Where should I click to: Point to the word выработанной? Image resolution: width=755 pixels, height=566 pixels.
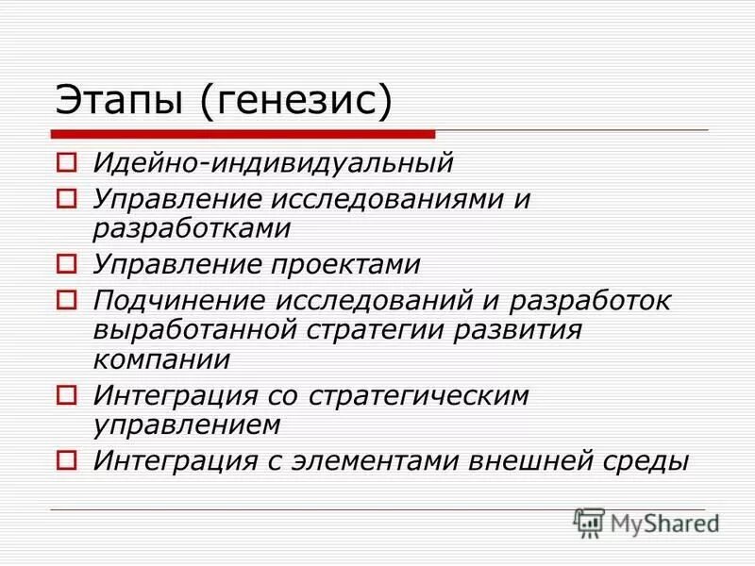pos(198,331)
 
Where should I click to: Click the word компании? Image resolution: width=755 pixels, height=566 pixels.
pos(161,360)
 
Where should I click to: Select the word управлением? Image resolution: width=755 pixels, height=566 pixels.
pos(188,425)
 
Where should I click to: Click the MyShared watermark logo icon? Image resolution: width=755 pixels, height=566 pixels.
pos(589,522)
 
